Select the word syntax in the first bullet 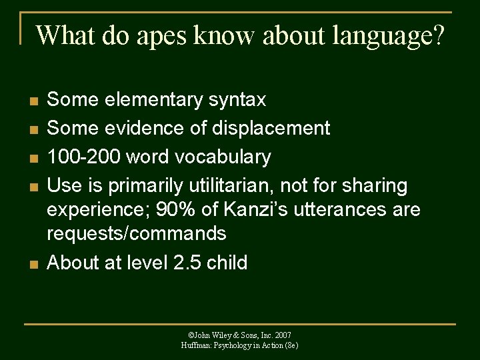tap(237, 100)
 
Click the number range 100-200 tap(82, 157)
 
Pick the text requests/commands tap(137, 234)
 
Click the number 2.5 tap(187, 263)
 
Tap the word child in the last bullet tap(227, 263)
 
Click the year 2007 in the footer tap(282, 335)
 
